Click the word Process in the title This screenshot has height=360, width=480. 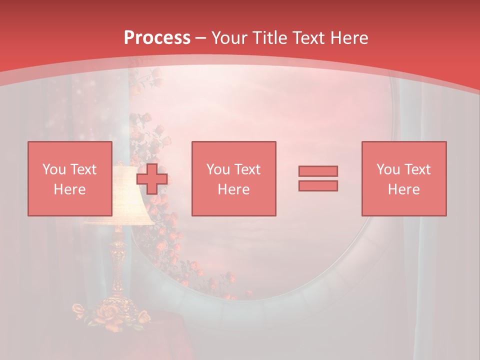157,37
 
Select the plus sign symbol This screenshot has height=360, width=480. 152,179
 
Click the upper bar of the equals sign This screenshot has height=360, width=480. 318,171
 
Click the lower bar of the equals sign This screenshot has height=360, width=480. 318,186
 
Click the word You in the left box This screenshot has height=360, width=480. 54,169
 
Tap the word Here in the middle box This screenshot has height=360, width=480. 233,189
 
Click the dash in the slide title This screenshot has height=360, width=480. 200,38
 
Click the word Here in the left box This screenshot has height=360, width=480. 69,189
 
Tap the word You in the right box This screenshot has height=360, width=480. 388,169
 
